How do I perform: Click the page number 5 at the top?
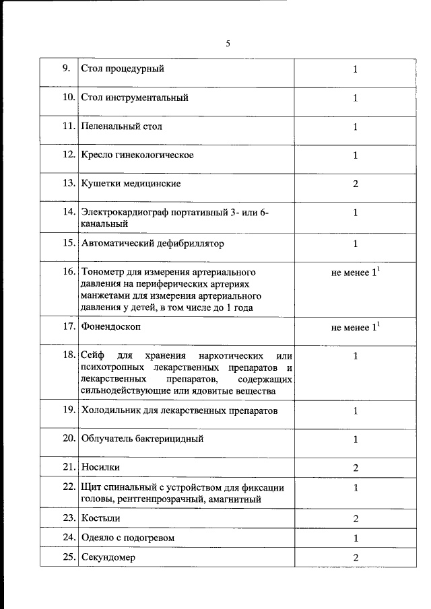228,44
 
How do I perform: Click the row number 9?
66,69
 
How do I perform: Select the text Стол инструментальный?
134,98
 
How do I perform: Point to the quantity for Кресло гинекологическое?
355,155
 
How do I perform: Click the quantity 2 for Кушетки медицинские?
355,184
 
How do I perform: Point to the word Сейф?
92,355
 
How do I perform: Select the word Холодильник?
112,410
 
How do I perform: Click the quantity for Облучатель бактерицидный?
355,439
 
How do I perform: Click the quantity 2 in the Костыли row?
355,519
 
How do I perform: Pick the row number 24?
67,538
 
